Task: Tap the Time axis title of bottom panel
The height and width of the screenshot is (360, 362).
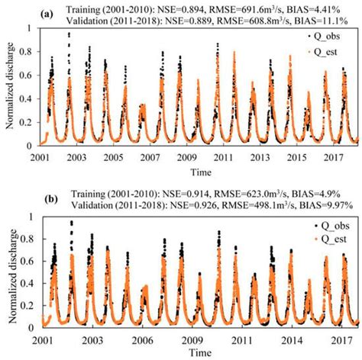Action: pyautogui.click(x=199, y=352)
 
